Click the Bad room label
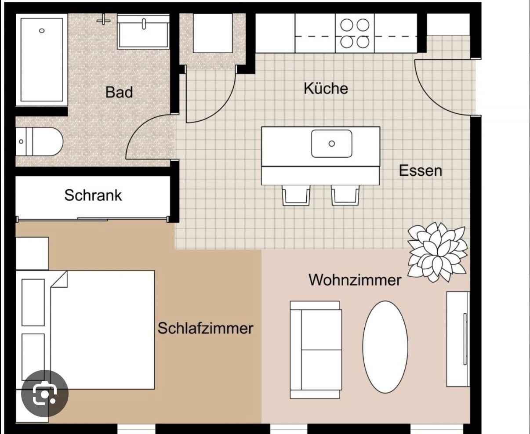[119, 92]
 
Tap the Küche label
[326, 88]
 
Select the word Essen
[421, 171]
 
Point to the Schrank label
[93, 195]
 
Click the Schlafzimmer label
[205, 328]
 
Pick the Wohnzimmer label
[355, 280]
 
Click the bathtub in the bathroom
[42, 60]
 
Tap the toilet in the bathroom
[40, 141]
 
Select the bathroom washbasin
[143, 32]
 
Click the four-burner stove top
[355, 33]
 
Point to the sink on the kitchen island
[332, 144]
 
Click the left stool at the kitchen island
[296, 195]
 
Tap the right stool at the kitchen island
[345, 195]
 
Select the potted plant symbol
[437, 252]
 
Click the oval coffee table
[385, 347]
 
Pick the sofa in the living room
[316, 350]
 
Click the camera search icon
[45, 394]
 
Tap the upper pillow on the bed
[33, 302]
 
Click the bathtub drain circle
[42, 31]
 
